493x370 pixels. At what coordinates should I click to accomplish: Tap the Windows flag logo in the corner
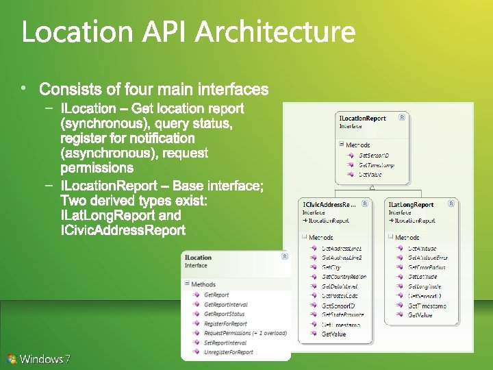[x=12, y=358]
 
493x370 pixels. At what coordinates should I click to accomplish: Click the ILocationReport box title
[x=363, y=119]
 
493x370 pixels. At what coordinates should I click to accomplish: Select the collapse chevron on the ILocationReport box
[x=402, y=118]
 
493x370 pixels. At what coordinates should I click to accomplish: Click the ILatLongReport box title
[x=412, y=204]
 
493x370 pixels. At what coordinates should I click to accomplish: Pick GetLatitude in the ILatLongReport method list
[x=422, y=277]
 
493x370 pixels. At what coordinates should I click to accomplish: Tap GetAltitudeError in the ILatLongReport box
[x=427, y=258]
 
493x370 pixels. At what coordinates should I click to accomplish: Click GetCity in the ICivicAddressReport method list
[x=331, y=267]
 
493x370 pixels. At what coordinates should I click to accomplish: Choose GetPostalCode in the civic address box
[x=340, y=296]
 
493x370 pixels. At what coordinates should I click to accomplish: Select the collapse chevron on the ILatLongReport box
[x=451, y=203]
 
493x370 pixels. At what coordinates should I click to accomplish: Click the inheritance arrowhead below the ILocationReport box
[x=372, y=187]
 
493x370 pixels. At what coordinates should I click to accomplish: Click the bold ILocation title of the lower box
[x=199, y=258]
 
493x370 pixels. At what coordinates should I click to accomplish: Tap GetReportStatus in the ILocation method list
[x=225, y=314]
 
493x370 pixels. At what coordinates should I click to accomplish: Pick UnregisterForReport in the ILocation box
[x=229, y=352]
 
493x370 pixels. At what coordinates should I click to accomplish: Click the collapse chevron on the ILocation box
[x=284, y=257]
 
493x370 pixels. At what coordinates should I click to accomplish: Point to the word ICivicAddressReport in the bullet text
[x=123, y=231]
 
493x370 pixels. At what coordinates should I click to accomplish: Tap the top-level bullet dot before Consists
[x=23, y=88]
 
